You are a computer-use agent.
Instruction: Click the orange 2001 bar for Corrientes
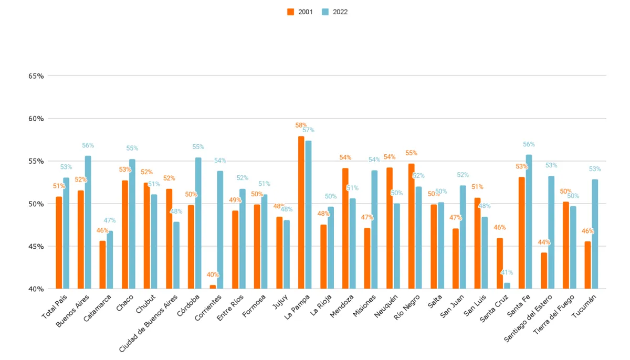tap(213, 287)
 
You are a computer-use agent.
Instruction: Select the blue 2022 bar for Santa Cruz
tap(507, 286)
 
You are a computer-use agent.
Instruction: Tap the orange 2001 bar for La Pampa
tap(301, 213)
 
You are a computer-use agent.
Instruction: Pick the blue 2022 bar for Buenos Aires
tap(88, 223)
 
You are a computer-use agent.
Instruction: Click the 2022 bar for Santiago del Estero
tap(551, 232)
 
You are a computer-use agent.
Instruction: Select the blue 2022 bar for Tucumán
tap(595, 234)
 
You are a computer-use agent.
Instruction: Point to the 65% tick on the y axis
tap(36, 76)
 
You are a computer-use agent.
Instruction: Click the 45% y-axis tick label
tap(36, 247)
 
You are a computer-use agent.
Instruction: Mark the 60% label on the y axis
tap(36, 119)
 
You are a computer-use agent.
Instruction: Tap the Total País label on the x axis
tap(54, 306)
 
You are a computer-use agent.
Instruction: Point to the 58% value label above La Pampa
tap(301, 125)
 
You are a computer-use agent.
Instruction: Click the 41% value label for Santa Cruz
tap(507, 273)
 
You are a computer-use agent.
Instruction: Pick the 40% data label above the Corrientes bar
tap(213, 274)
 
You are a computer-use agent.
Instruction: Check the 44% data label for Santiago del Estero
tap(543, 242)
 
